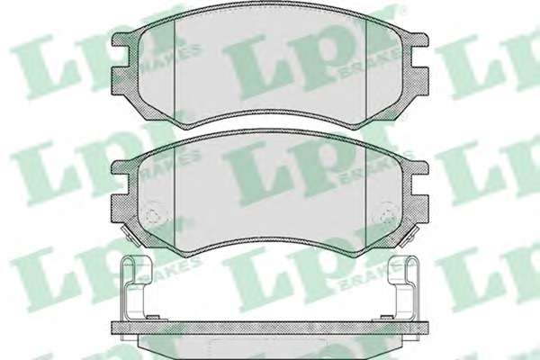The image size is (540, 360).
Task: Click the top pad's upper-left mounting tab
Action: click(x=121, y=40)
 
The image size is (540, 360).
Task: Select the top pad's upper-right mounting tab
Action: click(x=419, y=40)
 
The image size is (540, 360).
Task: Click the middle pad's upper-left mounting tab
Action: click(x=121, y=167)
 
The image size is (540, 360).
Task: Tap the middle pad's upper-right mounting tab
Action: click(x=419, y=167)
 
